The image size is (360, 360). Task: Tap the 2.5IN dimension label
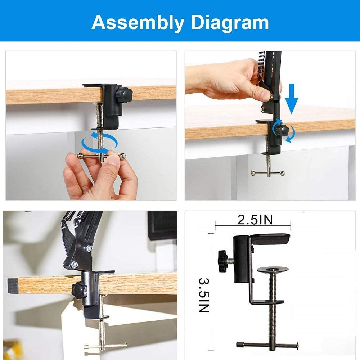click(255, 220)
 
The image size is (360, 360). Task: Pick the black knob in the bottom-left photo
click(77, 288)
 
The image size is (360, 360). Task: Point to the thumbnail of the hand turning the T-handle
click(91, 125)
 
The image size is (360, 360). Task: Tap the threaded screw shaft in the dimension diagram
click(272, 306)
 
